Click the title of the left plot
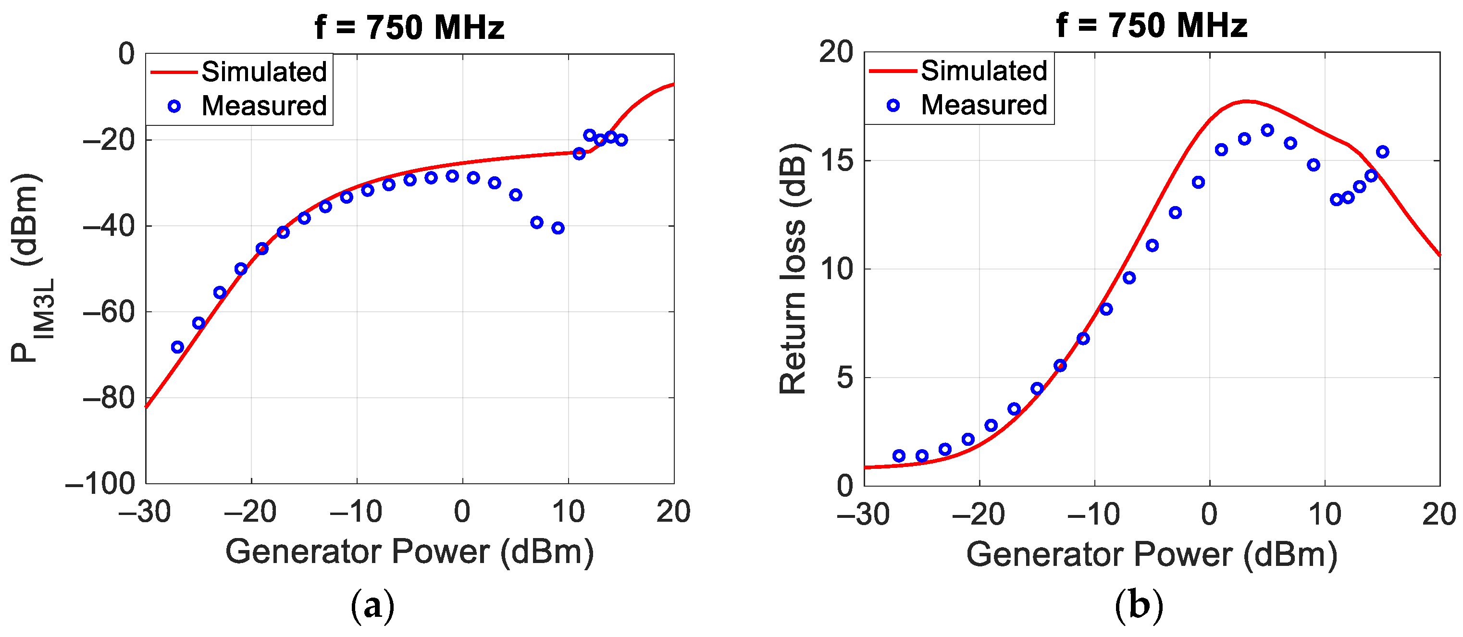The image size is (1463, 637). coord(409,27)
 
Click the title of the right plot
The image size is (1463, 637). coord(1151,26)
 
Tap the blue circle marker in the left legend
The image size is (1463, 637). coord(174,106)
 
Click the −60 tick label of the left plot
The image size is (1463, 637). coord(109,312)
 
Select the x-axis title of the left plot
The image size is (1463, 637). coord(409,552)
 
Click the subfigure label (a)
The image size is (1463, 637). coord(372,606)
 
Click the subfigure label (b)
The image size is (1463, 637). coord(1138,605)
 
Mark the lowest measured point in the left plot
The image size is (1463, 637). coord(178,347)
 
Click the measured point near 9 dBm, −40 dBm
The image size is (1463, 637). coord(558,228)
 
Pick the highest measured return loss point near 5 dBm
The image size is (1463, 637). coord(1267,131)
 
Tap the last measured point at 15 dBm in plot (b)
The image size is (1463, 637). coord(1382,152)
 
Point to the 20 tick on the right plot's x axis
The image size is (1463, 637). coord(1438,514)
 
